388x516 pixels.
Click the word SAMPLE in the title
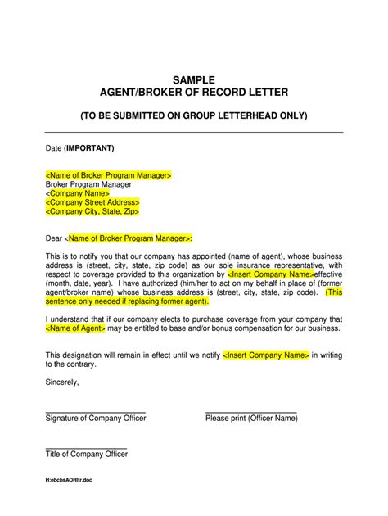194,79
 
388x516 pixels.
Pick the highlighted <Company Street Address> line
92,202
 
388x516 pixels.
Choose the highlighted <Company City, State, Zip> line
92,211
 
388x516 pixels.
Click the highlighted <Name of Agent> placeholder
75,328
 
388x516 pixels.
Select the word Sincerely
62,382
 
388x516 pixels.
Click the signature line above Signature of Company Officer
95,411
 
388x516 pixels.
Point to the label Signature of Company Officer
96,419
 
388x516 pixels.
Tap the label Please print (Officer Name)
251,419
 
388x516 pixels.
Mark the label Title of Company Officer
86,454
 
